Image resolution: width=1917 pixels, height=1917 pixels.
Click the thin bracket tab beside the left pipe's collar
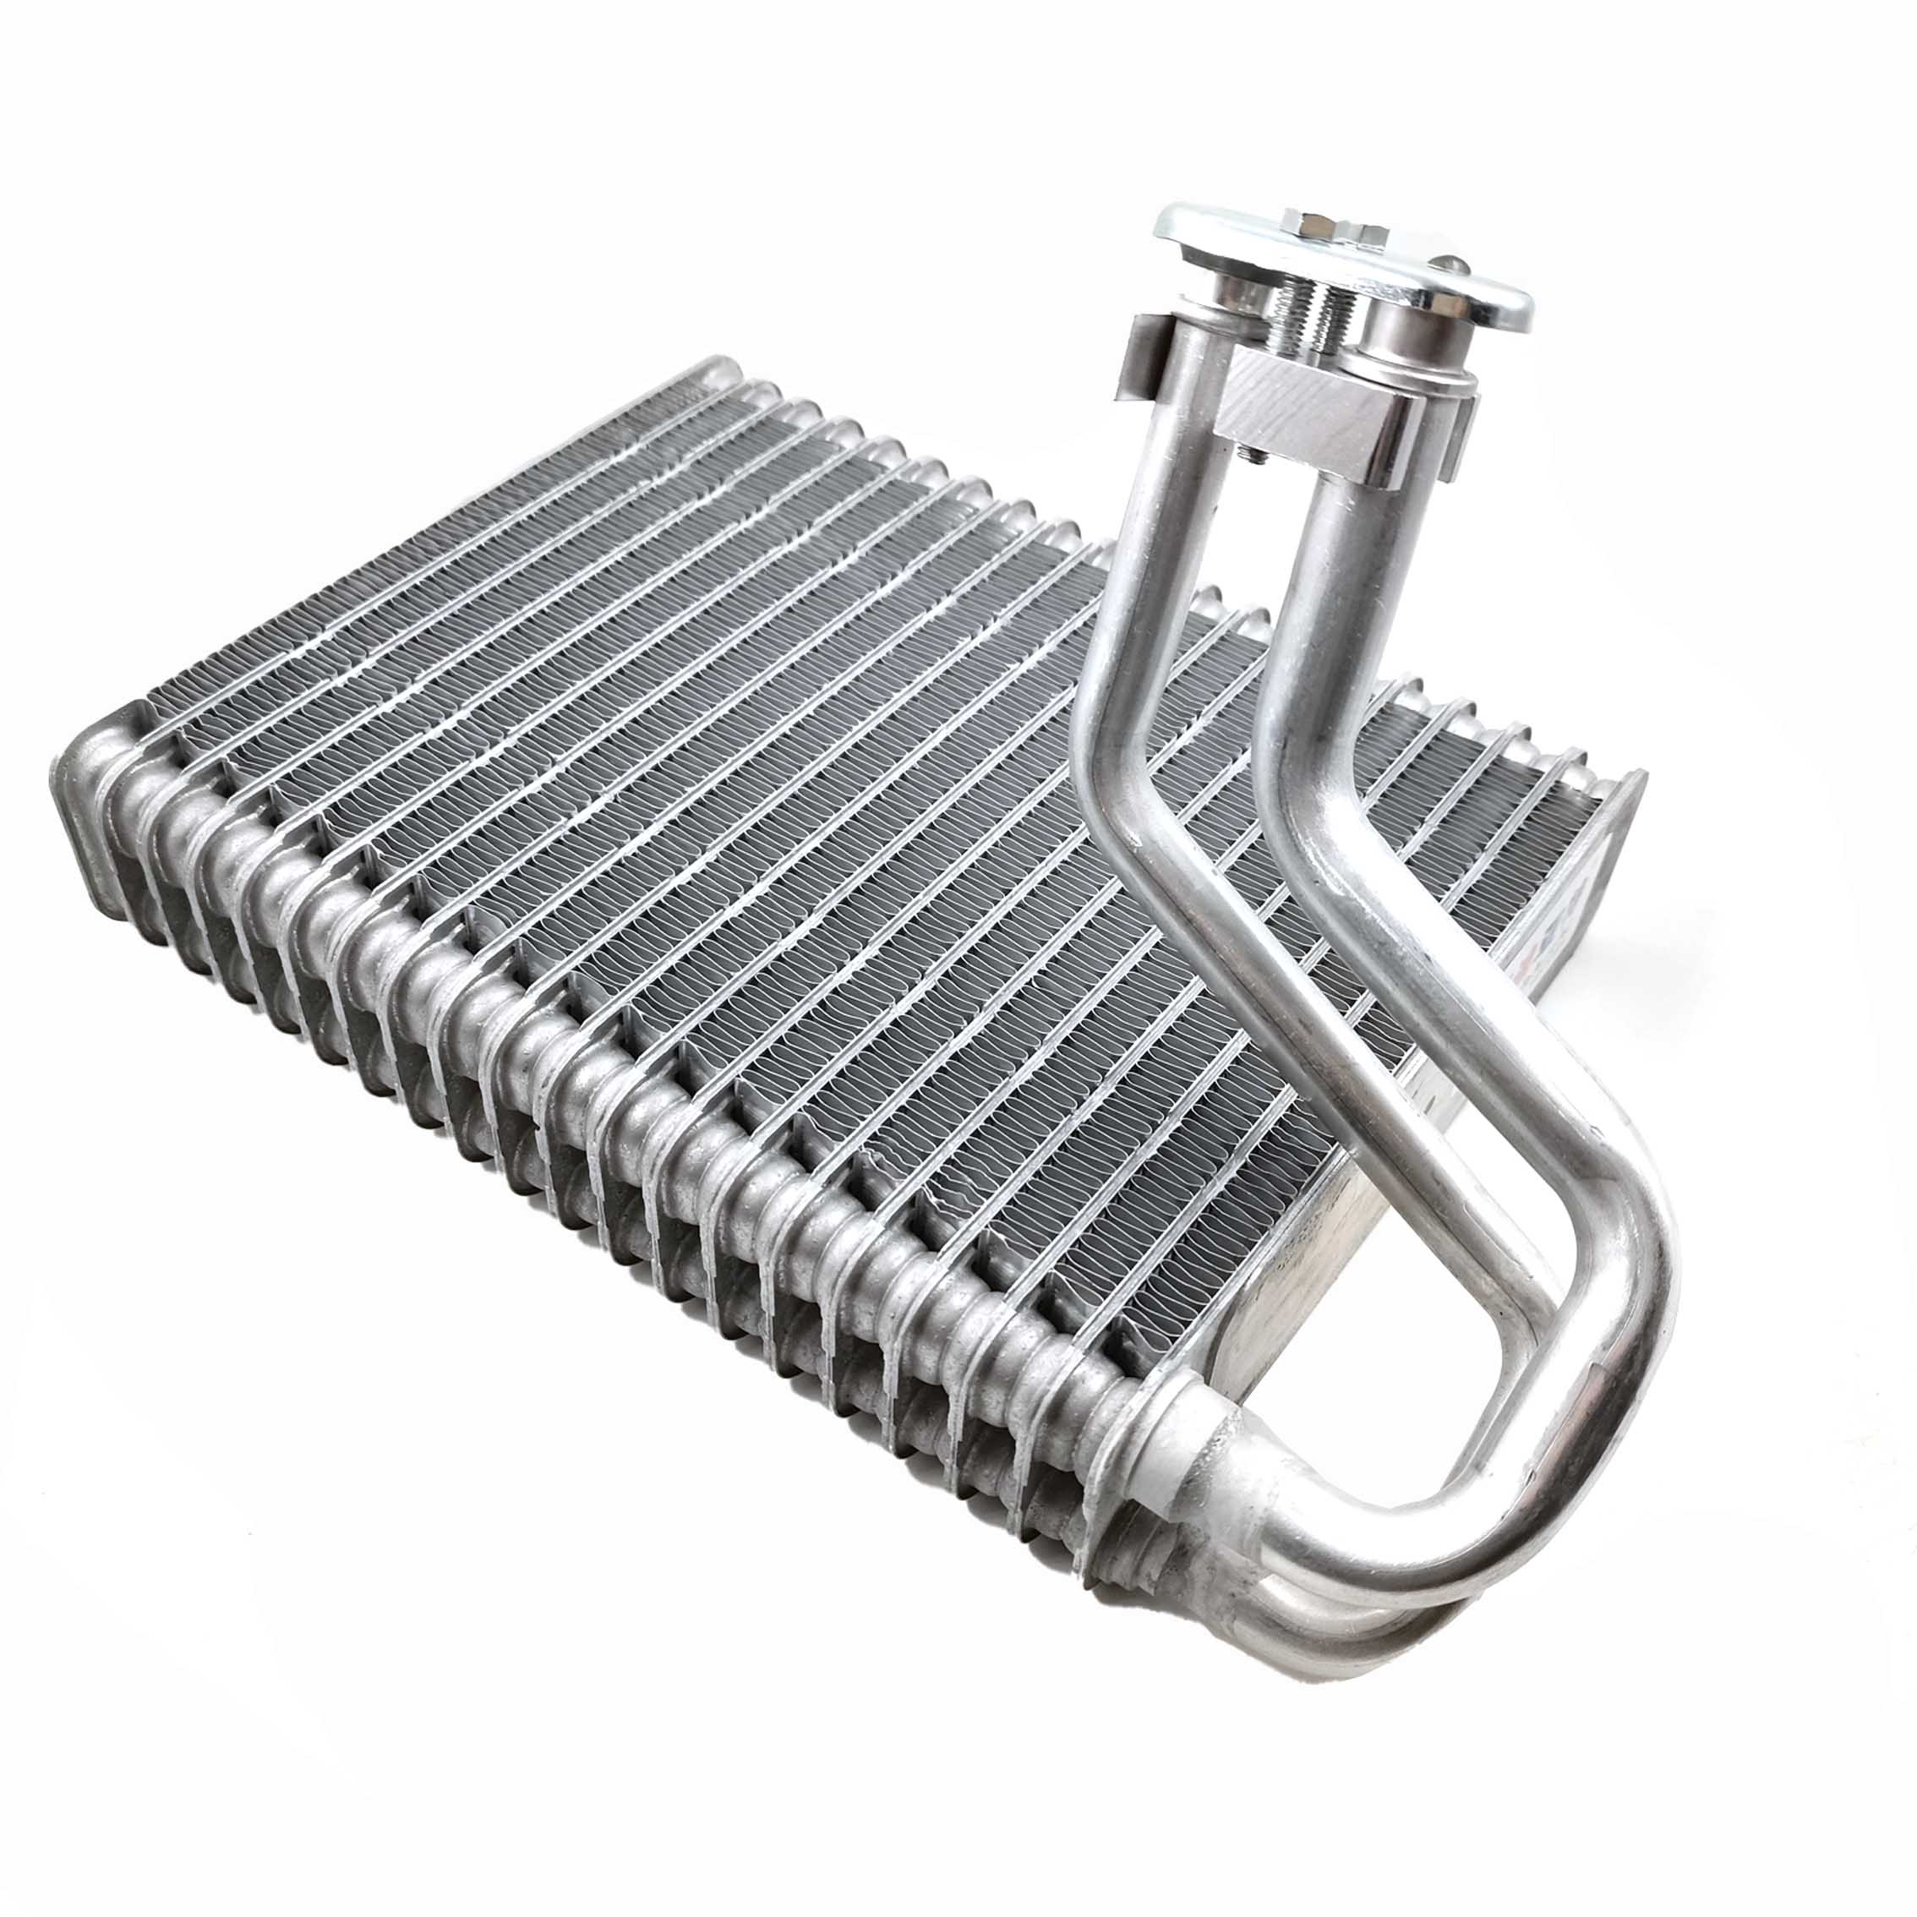pyautogui.click(x=1141, y=358)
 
